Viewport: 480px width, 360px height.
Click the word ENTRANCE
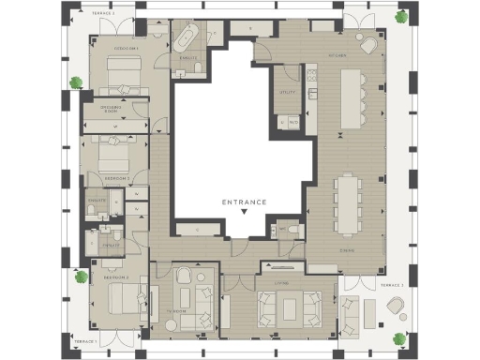pyautogui.click(x=244, y=202)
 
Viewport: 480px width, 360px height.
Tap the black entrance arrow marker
pyautogui.click(x=244, y=213)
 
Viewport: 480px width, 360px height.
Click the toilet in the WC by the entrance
pyautogui.click(x=293, y=230)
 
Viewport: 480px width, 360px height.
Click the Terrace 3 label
pyautogui.click(x=391, y=284)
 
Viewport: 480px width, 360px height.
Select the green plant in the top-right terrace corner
pyautogui.click(x=401, y=16)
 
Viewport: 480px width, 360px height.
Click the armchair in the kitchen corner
pyautogui.click(x=367, y=45)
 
